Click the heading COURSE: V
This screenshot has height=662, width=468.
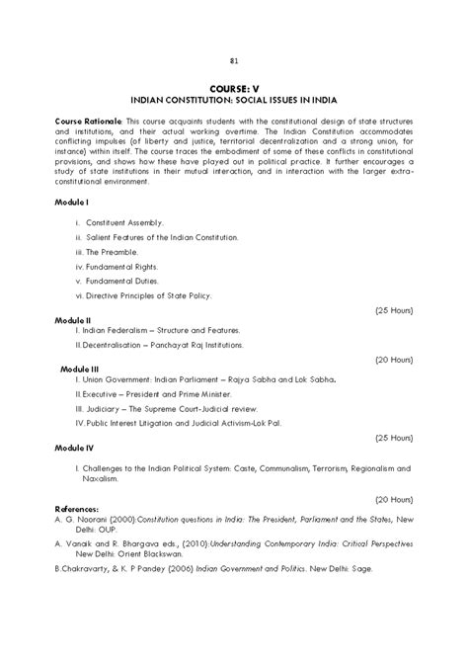[x=234, y=89]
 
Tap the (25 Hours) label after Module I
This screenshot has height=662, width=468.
[x=393, y=310]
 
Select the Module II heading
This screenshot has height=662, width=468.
[x=74, y=320]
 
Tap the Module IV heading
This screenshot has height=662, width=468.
[x=75, y=447]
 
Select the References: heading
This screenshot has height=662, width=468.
[x=83, y=508]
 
